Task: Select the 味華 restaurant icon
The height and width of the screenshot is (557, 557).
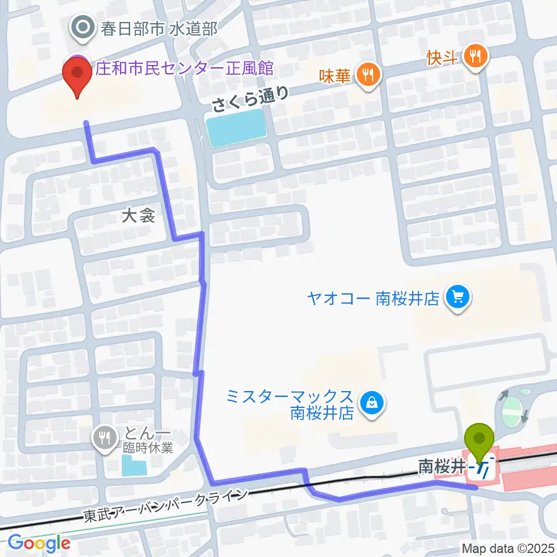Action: point(368,74)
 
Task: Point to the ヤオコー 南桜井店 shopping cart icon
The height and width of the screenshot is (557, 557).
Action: point(457,298)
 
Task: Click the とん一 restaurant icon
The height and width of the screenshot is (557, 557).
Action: point(105,437)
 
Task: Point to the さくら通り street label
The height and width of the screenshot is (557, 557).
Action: point(250,99)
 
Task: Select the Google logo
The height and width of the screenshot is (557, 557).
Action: point(39,543)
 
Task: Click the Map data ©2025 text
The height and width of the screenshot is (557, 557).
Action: point(507,548)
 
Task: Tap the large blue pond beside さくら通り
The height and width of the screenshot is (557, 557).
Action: point(235,128)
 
